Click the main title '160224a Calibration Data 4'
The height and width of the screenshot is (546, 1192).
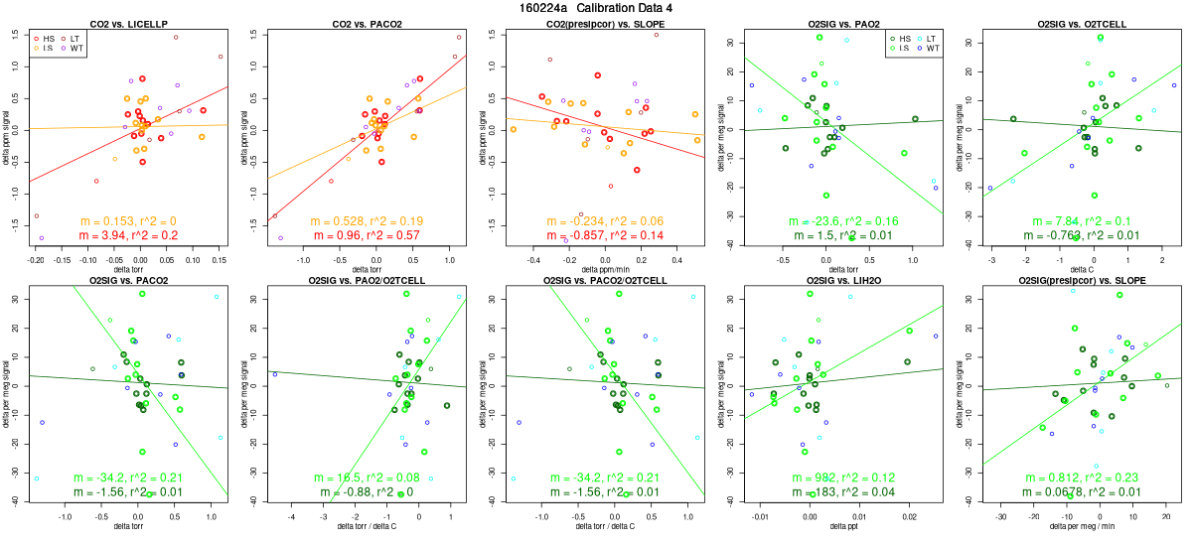point(596,8)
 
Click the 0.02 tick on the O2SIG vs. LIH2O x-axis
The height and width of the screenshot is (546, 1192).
point(909,517)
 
